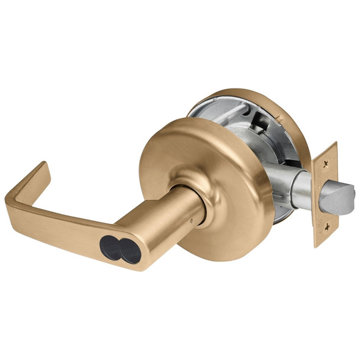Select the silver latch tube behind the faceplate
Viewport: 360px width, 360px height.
pos(299,189)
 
